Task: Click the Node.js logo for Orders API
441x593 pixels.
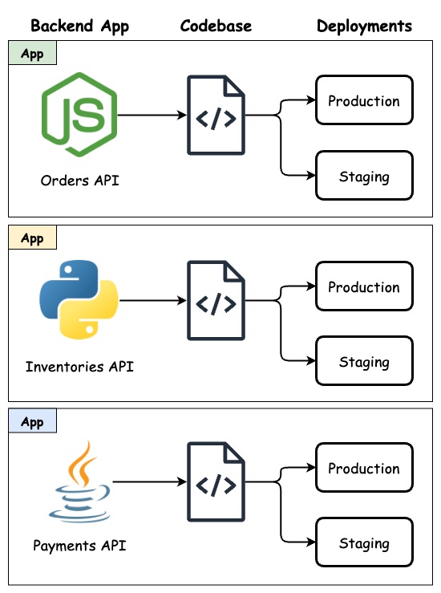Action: pos(79,115)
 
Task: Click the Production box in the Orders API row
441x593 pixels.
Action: pos(364,101)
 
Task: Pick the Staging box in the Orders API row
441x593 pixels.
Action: pos(364,176)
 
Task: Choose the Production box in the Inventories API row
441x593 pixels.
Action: pos(364,286)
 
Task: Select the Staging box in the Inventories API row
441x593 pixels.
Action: pos(364,362)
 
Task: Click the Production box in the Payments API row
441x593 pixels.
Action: pos(364,468)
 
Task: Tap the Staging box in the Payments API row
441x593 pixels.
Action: pos(364,543)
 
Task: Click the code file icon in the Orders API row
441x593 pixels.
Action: pos(216,115)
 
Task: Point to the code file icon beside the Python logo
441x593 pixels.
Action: pos(216,301)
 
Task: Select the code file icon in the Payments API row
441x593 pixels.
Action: pos(216,482)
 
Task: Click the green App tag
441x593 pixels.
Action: pos(32,53)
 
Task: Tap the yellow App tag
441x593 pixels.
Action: pos(32,238)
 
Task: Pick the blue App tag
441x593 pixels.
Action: pos(32,421)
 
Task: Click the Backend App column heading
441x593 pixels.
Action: pos(79,26)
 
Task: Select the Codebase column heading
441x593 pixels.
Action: pos(216,26)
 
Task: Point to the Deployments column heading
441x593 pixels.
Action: pos(364,26)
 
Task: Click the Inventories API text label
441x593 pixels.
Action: pos(79,367)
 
